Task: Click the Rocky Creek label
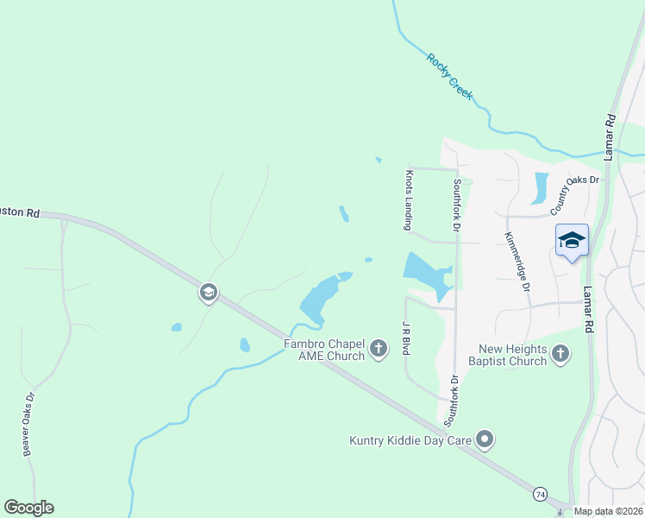coord(450,76)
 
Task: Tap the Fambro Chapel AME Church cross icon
coord(378,349)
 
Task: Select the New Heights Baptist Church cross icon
coord(560,353)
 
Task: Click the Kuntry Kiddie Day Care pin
coord(485,440)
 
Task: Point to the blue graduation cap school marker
coord(572,240)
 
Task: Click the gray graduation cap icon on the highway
coord(208,293)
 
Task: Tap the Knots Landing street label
coord(409,199)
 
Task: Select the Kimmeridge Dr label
coord(517,262)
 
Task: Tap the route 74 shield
coord(540,493)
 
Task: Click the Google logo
coord(28,508)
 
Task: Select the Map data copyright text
coord(608,511)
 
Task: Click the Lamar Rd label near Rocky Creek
coord(609,136)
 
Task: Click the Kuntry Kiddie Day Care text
coord(410,440)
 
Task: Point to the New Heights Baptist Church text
coord(513,355)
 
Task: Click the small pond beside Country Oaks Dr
coord(541,187)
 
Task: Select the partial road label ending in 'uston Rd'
coord(20,212)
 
